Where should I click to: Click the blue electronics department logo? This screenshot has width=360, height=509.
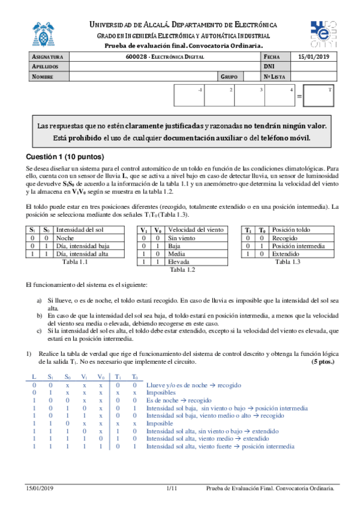pyautogui.click(x=323, y=34)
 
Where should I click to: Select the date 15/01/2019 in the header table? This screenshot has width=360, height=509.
pyautogui.click(x=313, y=56)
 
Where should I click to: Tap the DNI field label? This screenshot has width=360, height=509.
pyautogui.click(x=269, y=67)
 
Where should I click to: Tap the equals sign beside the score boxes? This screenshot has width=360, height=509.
pyautogui.click(x=300, y=96)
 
